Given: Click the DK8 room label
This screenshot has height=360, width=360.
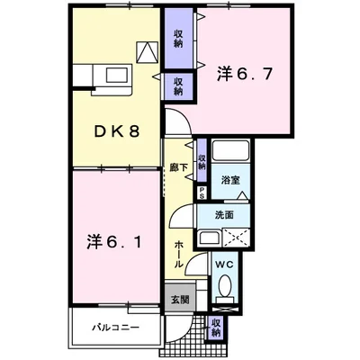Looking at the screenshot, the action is pyautogui.click(x=117, y=131).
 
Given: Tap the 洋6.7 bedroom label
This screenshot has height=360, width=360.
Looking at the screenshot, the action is pyautogui.click(x=245, y=74).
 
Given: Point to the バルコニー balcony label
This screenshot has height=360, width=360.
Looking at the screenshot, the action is pyautogui.click(x=115, y=327).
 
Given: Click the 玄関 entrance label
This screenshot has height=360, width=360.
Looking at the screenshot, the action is pyautogui.click(x=180, y=299).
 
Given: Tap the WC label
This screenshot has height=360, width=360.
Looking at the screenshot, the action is pyautogui.click(x=224, y=265).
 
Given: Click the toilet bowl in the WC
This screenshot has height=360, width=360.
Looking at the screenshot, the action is pyautogui.click(x=225, y=285).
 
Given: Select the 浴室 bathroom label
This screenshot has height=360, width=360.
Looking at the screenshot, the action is pyautogui.click(x=230, y=180).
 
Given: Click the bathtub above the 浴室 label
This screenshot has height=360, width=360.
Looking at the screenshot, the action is pyautogui.click(x=230, y=151).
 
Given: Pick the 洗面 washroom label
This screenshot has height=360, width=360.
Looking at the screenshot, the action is pyautogui.click(x=224, y=215).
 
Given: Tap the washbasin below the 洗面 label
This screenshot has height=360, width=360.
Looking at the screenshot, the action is pyautogui.click(x=209, y=238).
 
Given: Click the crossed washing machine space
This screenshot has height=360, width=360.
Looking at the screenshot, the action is pyautogui.click(x=236, y=238).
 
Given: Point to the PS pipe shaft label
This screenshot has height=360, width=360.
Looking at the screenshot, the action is pyautogui.click(x=202, y=193).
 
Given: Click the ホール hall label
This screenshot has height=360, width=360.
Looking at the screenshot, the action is pyautogui.click(x=178, y=255).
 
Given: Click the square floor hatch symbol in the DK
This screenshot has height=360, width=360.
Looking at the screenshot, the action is pyautogui.click(x=148, y=52).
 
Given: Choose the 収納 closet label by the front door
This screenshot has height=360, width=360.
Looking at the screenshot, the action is pyautogui.click(x=216, y=328).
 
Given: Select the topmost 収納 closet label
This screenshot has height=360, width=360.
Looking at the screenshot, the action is pyautogui.click(x=178, y=39).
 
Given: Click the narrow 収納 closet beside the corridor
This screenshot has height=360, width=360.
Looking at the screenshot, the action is pyautogui.click(x=202, y=160).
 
